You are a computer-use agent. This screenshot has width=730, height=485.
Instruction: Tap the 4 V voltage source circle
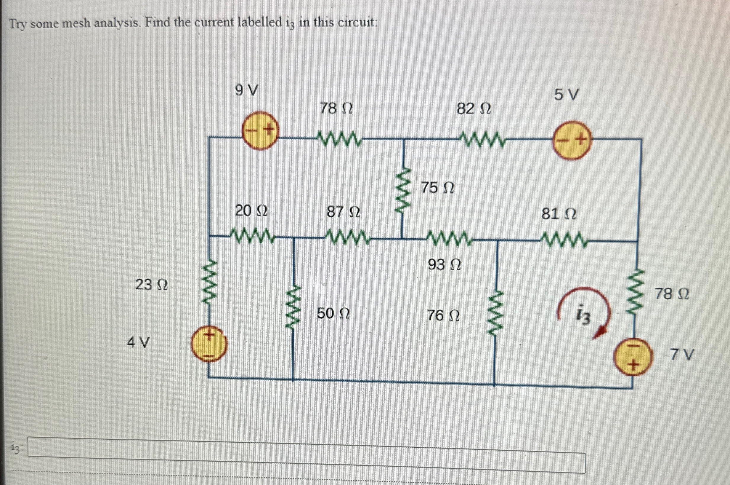(209, 345)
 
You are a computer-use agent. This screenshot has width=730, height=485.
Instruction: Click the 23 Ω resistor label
(152, 285)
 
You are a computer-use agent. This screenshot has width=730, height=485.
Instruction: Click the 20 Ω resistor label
(251, 211)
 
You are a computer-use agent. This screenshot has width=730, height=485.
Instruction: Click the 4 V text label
(138, 342)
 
